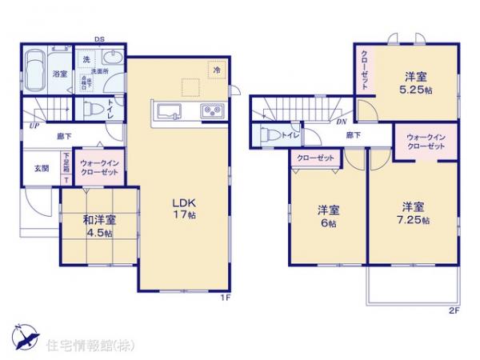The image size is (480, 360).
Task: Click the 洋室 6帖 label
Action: tap(328, 216)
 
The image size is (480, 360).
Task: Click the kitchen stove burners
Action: tap(213, 110)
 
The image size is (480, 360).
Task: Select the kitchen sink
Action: tap(169, 110)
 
